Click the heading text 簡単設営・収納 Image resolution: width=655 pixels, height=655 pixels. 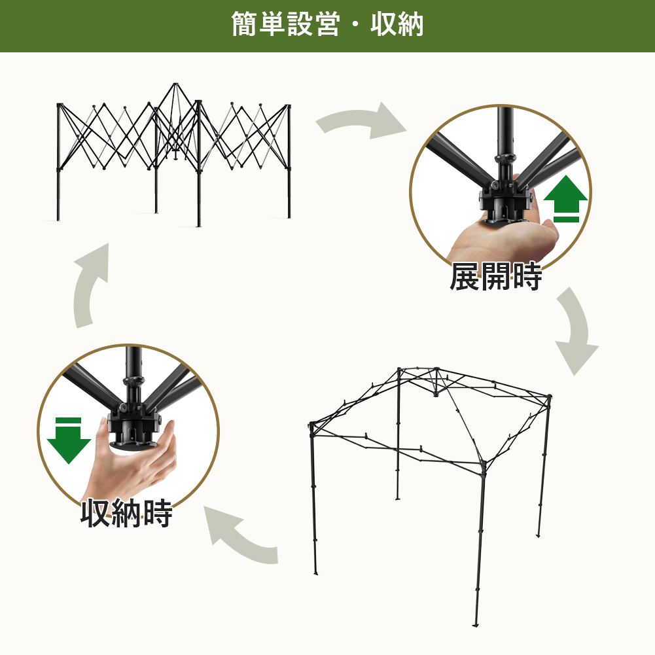[x=327, y=24]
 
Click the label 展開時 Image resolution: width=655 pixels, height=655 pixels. [x=496, y=277]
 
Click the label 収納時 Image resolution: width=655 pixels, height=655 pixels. [x=126, y=513]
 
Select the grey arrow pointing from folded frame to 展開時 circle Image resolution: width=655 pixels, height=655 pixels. [x=360, y=120]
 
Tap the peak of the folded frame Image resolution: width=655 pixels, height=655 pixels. [x=175, y=85]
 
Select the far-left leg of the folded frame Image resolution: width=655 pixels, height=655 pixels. [x=58, y=162]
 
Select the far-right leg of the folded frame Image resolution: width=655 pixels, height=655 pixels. [x=289, y=161]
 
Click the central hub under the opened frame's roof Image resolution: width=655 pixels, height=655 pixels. [x=436, y=393]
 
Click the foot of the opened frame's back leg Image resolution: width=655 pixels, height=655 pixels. [x=398, y=497]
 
